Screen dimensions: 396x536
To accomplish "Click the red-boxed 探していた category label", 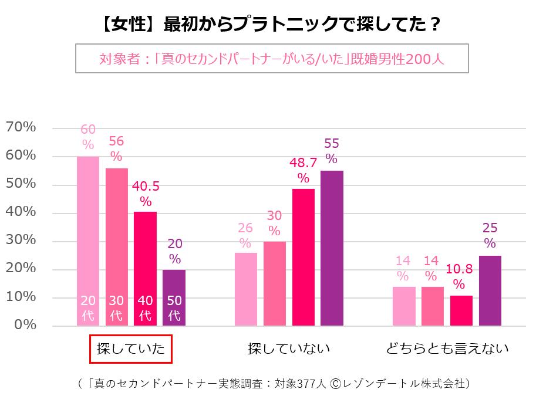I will click(130, 349).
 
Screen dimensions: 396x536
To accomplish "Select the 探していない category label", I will click(289, 349).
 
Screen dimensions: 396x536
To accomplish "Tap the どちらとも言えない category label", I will click(447, 349).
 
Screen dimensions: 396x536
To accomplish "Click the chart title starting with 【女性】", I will click(268, 25).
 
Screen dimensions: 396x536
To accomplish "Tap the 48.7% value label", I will click(304, 170).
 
